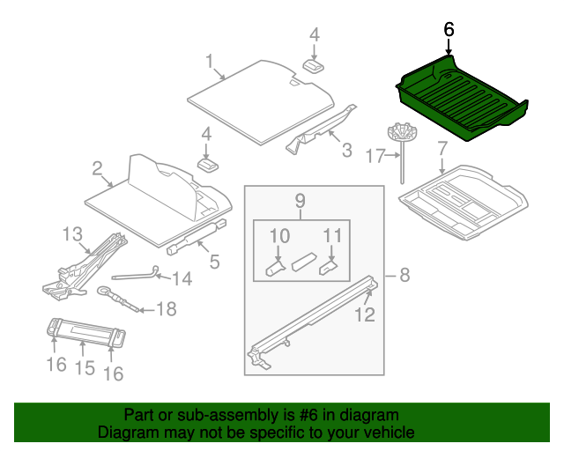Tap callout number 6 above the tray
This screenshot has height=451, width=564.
tap(449, 29)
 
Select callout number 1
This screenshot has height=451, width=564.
tap(210, 61)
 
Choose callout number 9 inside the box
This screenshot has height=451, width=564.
tap(300, 201)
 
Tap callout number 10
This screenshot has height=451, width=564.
tap(278, 235)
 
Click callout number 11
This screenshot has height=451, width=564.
tap(331, 235)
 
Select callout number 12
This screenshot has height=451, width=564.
tap(364, 314)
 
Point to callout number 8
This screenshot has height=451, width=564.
tap(404, 275)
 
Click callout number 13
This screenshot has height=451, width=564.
tap(71, 233)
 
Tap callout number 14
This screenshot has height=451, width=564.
tap(181, 279)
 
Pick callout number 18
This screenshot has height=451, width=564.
tap(166, 308)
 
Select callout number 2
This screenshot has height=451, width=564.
tap(97, 166)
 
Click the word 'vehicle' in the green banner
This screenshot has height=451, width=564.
tap(384, 433)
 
